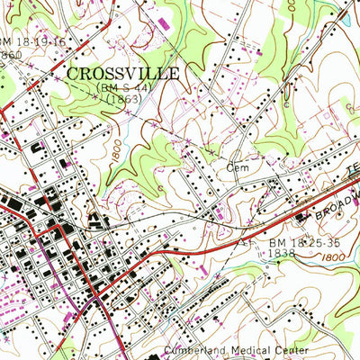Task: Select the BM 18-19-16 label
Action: (x=32, y=41)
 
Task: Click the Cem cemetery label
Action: (x=237, y=167)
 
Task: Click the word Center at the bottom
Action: (x=290, y=350)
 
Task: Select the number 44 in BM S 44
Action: (x=139, y=89)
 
